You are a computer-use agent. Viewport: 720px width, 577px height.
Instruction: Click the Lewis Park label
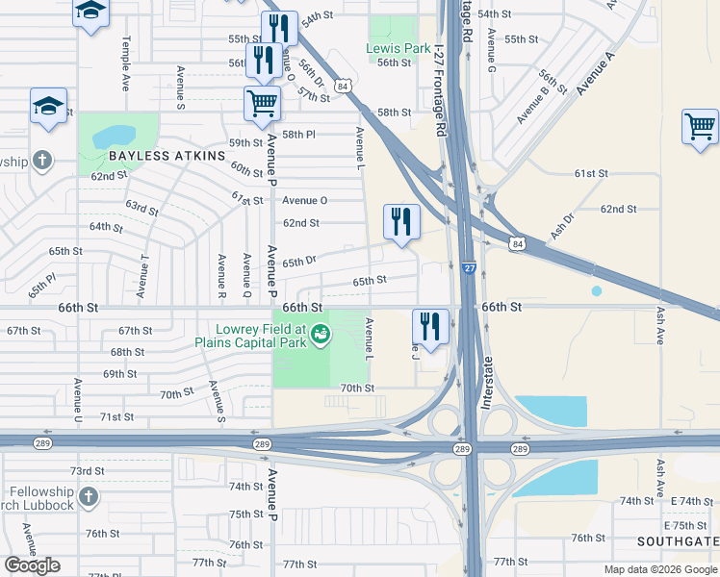click(399, 48)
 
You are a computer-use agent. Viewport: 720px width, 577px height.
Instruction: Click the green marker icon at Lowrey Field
click(321, 335)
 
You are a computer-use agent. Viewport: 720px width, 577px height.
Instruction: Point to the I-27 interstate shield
click(469, 270)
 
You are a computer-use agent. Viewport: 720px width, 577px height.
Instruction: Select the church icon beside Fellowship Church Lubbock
click(88, 496)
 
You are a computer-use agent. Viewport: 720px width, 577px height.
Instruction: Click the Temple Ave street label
click(124, 63)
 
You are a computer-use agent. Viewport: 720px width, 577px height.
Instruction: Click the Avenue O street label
click(305, 200)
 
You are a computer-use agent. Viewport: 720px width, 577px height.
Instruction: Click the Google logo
click(33, 565)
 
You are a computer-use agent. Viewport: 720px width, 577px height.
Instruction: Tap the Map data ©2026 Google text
click(661, 569)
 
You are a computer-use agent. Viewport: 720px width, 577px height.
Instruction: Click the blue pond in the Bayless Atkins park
click(113, 136)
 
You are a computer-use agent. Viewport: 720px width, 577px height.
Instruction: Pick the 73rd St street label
click(87, 470)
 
